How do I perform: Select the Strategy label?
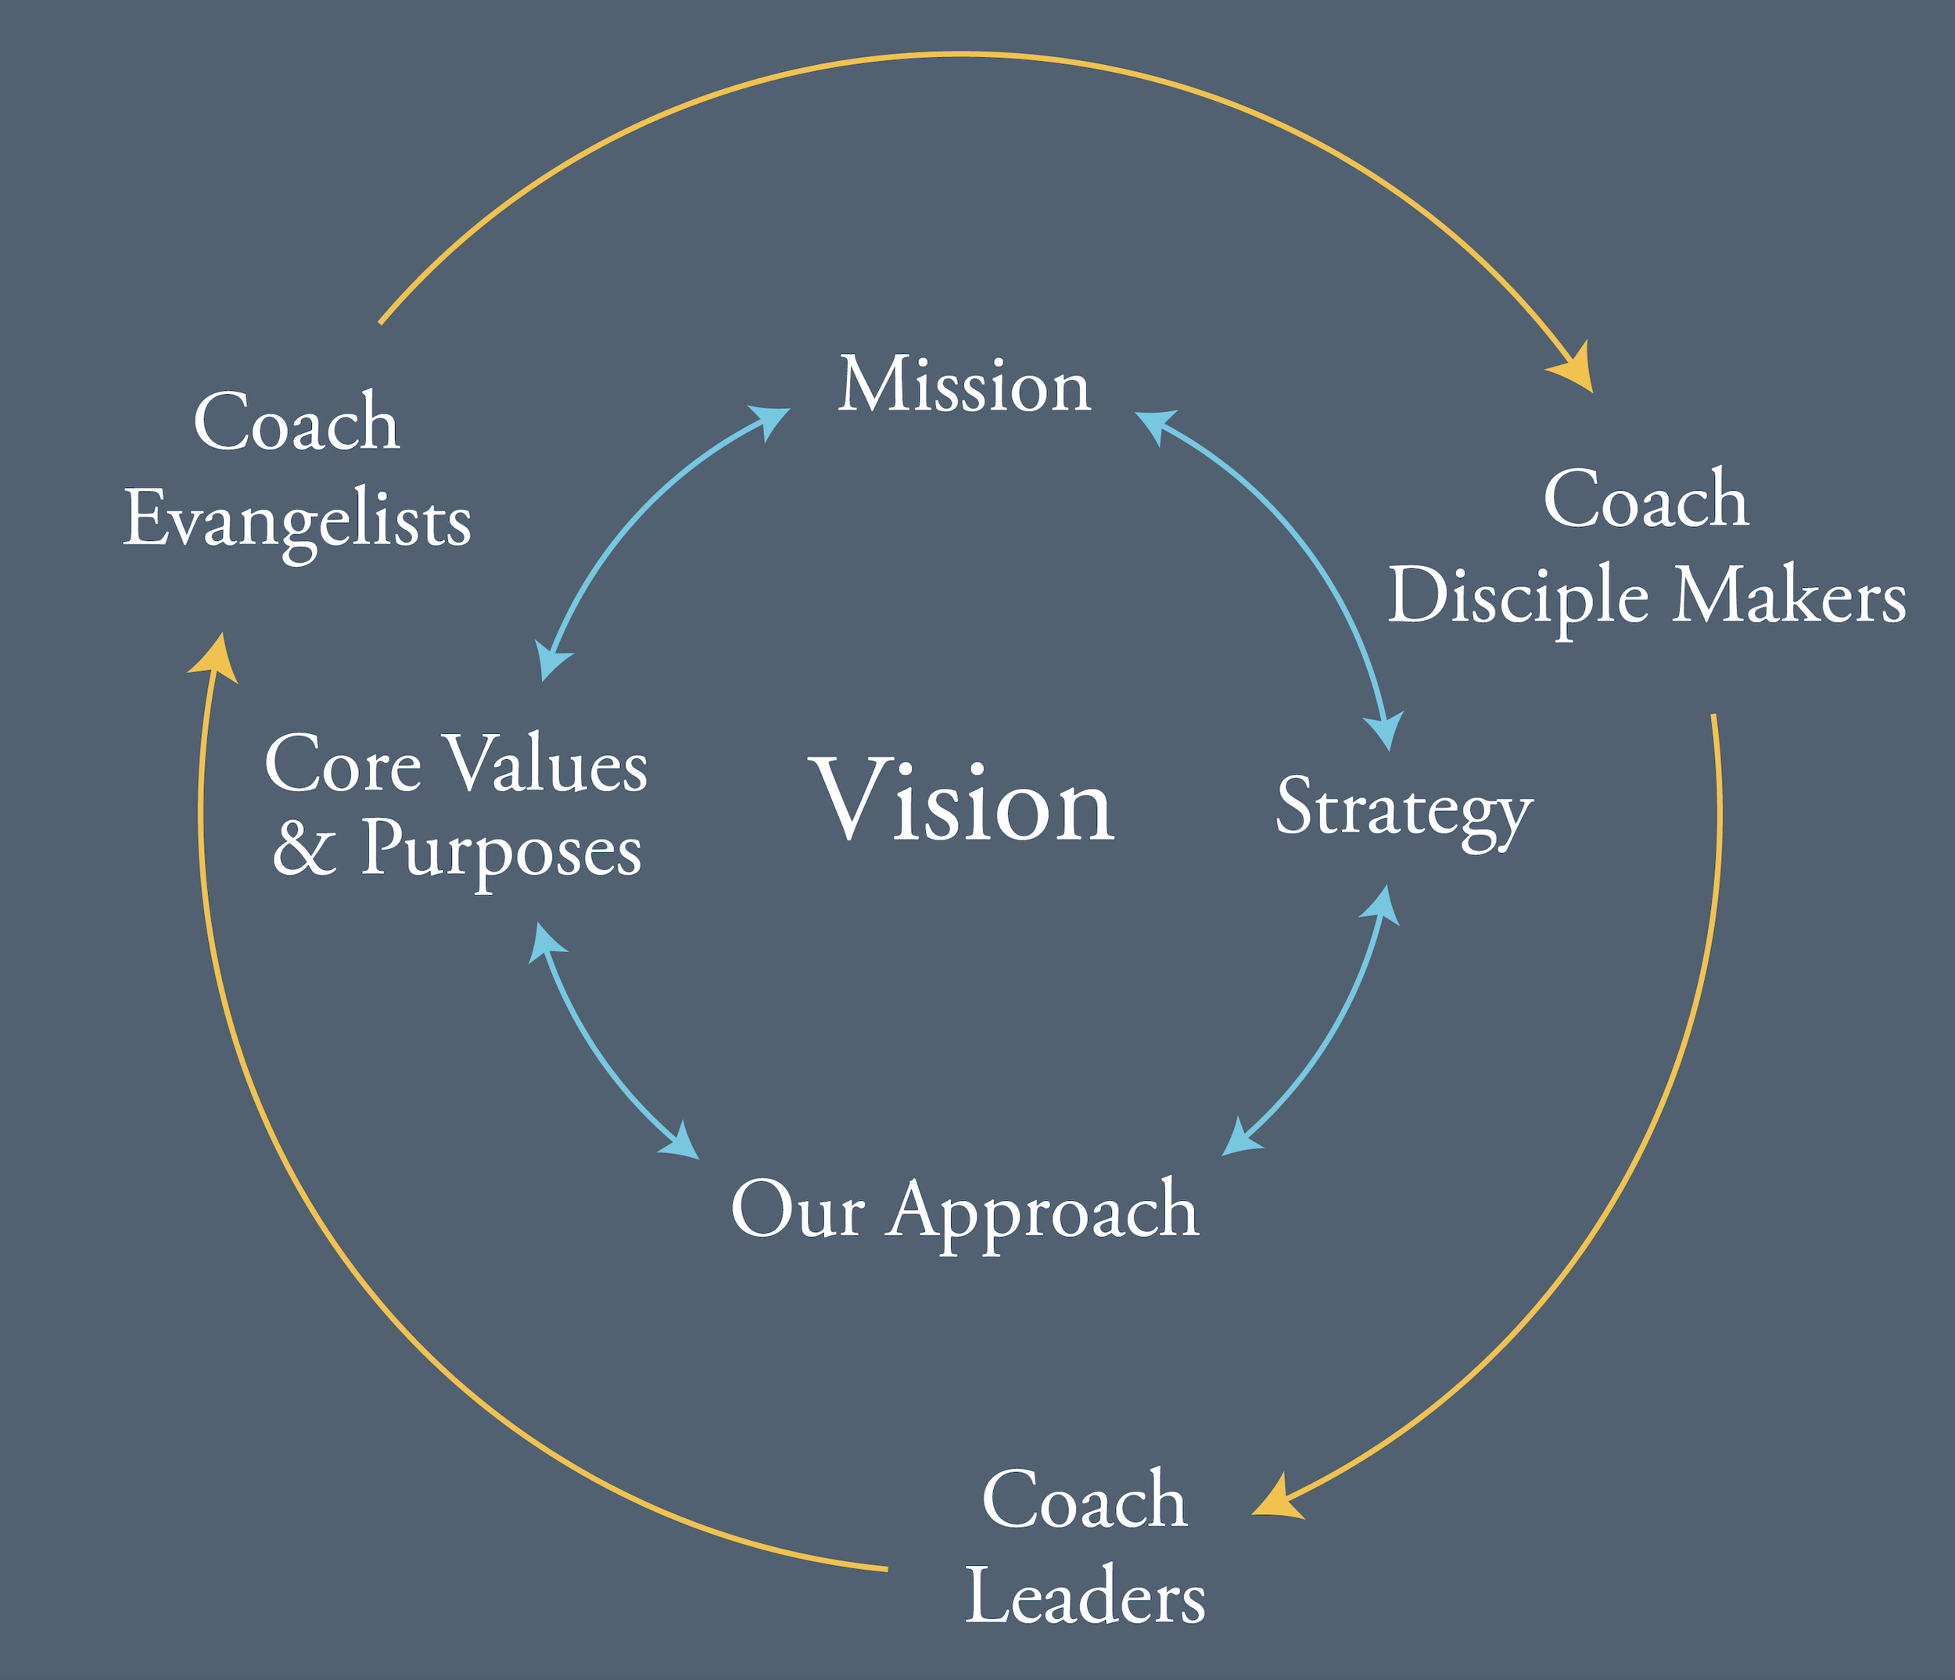(1403, 808)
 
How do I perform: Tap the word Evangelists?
(297, 521)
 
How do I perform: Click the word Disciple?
(1518, 598)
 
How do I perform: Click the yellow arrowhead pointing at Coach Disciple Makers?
(1576, 370)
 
